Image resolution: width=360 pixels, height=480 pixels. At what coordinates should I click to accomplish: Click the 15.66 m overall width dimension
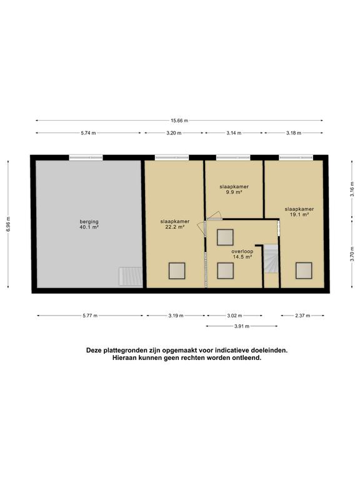coord(180,121)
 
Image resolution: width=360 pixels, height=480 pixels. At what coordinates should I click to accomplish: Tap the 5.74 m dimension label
coord(88,133)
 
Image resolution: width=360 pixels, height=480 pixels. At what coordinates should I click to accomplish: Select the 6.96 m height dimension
coord(9,224)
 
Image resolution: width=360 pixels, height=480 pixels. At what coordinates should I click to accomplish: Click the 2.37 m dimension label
coord(302,316)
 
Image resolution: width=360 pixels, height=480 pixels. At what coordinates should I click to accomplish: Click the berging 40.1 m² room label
coord(89,224)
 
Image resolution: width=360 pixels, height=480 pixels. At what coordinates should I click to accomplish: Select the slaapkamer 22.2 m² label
coord(175,224)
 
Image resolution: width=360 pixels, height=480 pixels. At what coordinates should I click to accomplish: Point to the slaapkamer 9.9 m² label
coord(234,189)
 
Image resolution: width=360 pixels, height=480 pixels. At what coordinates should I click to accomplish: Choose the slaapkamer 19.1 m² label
coord(299,212)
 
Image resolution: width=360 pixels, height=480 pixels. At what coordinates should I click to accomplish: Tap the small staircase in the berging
coord(131,276)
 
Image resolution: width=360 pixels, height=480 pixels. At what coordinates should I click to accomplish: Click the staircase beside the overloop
coord(271,259)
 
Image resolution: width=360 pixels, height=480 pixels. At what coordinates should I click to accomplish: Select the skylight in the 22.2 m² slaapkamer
coord(177,271)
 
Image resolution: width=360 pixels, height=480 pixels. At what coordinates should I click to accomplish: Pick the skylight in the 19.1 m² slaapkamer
coord(304,270)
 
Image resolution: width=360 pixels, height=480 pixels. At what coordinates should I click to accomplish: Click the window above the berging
coord(86,157)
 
